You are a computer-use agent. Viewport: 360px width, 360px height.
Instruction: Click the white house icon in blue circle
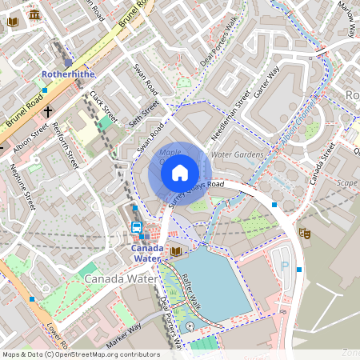pos(180,173)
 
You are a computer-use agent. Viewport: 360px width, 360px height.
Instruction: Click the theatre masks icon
pos(304,233)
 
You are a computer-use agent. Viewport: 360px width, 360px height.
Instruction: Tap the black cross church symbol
pos(48,112)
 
